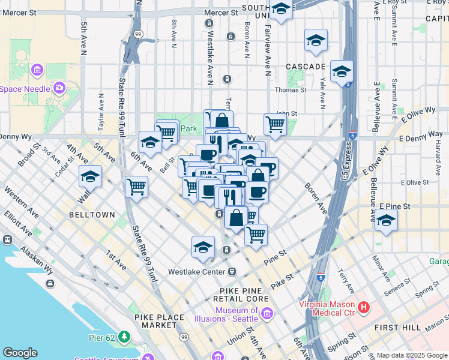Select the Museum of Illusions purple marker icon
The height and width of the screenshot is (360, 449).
coord(267,313)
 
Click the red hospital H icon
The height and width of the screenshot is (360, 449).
coord(363,308)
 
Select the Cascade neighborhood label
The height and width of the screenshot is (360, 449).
coord(305,65)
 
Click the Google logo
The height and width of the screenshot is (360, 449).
coord(20,353)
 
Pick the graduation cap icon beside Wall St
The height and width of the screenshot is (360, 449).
coord(90,176)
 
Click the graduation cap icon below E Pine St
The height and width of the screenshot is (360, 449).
coord(386,220)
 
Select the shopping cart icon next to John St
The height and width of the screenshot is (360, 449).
coord(275,124)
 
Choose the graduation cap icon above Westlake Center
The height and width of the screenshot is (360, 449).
coord(203,247)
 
